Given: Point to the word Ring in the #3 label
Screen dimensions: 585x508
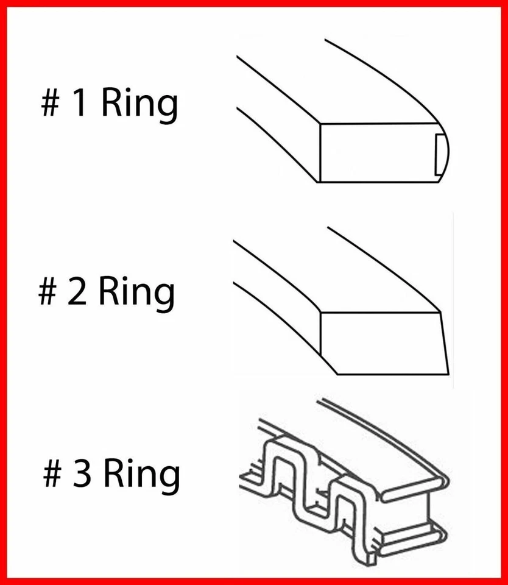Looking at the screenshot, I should coord(141,475).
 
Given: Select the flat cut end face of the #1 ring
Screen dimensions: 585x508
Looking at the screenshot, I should coord(378,152).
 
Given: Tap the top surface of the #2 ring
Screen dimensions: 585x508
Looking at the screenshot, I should coord(341,274).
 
